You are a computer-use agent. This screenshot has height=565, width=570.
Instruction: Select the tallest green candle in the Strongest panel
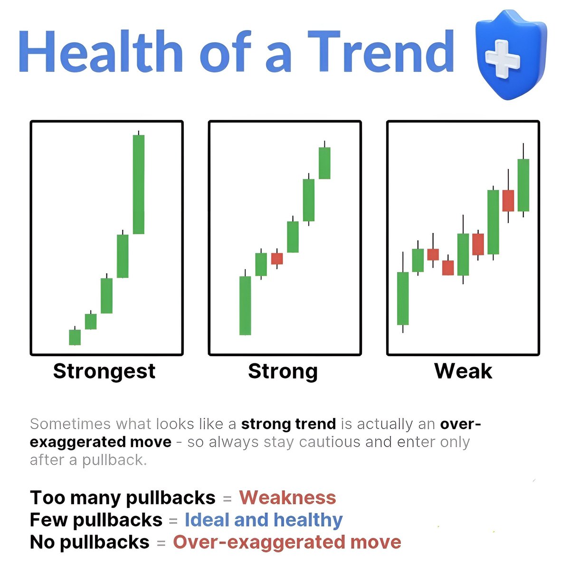tap(139, 185)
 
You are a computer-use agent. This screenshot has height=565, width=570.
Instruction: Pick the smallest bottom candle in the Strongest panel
tap(75, 337)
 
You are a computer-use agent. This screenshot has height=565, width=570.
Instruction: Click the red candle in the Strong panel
tap(277, 259)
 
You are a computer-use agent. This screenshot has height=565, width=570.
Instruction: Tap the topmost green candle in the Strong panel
tap(324, 163)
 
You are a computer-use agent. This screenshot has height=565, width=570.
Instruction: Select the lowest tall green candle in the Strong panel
tap(245, 306)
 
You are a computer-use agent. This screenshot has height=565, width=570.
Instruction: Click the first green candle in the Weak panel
tap(403, 298)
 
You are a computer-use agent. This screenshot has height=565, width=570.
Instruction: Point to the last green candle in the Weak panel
tap(523, 185)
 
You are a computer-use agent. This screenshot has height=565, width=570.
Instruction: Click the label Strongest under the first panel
tap(104, 371)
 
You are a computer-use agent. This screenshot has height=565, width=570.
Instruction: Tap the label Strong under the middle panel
tap(283, 371)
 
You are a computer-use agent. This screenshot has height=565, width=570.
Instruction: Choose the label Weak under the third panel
tap(463, 371)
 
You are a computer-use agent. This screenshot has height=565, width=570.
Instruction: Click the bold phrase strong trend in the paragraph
tap(288, 424)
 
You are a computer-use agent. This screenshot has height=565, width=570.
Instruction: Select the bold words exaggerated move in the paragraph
tap(100, 442)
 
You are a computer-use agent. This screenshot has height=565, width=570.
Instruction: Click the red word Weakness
tap(287, 498)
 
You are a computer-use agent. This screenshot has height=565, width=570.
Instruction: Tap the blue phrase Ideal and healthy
tap(264, 520)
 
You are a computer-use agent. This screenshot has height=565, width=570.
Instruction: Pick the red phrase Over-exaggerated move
tap(287, 542)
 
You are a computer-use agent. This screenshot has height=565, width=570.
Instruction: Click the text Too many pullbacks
tap(123, 498)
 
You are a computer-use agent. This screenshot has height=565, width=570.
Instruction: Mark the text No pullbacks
tap(89, 542)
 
